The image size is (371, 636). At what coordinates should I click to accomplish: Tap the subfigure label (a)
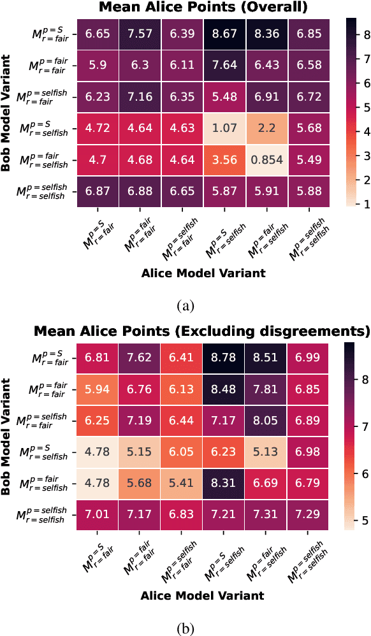[x=185, y=306]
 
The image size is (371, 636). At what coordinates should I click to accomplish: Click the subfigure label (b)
[x=185, y=628]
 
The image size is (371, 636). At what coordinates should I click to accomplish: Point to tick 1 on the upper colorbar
[x=362, y=204]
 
